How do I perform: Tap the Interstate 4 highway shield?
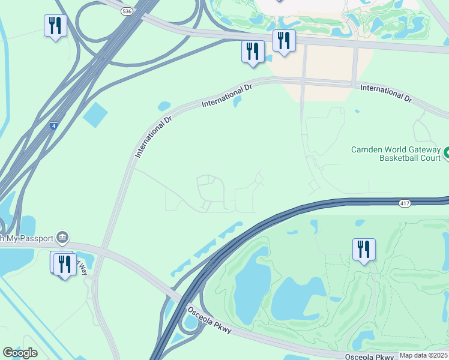pos(54,126)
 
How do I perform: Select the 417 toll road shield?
pos(405,205)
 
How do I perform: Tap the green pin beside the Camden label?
pos(445,154)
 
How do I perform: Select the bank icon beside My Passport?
pos(62,237)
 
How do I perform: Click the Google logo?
pos(20,353)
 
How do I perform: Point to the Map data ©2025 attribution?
pos(423,355)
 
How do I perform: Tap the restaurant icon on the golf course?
pos(364,249)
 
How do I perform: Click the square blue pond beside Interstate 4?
pos(94,115)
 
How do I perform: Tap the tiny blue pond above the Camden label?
pos(357,111)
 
